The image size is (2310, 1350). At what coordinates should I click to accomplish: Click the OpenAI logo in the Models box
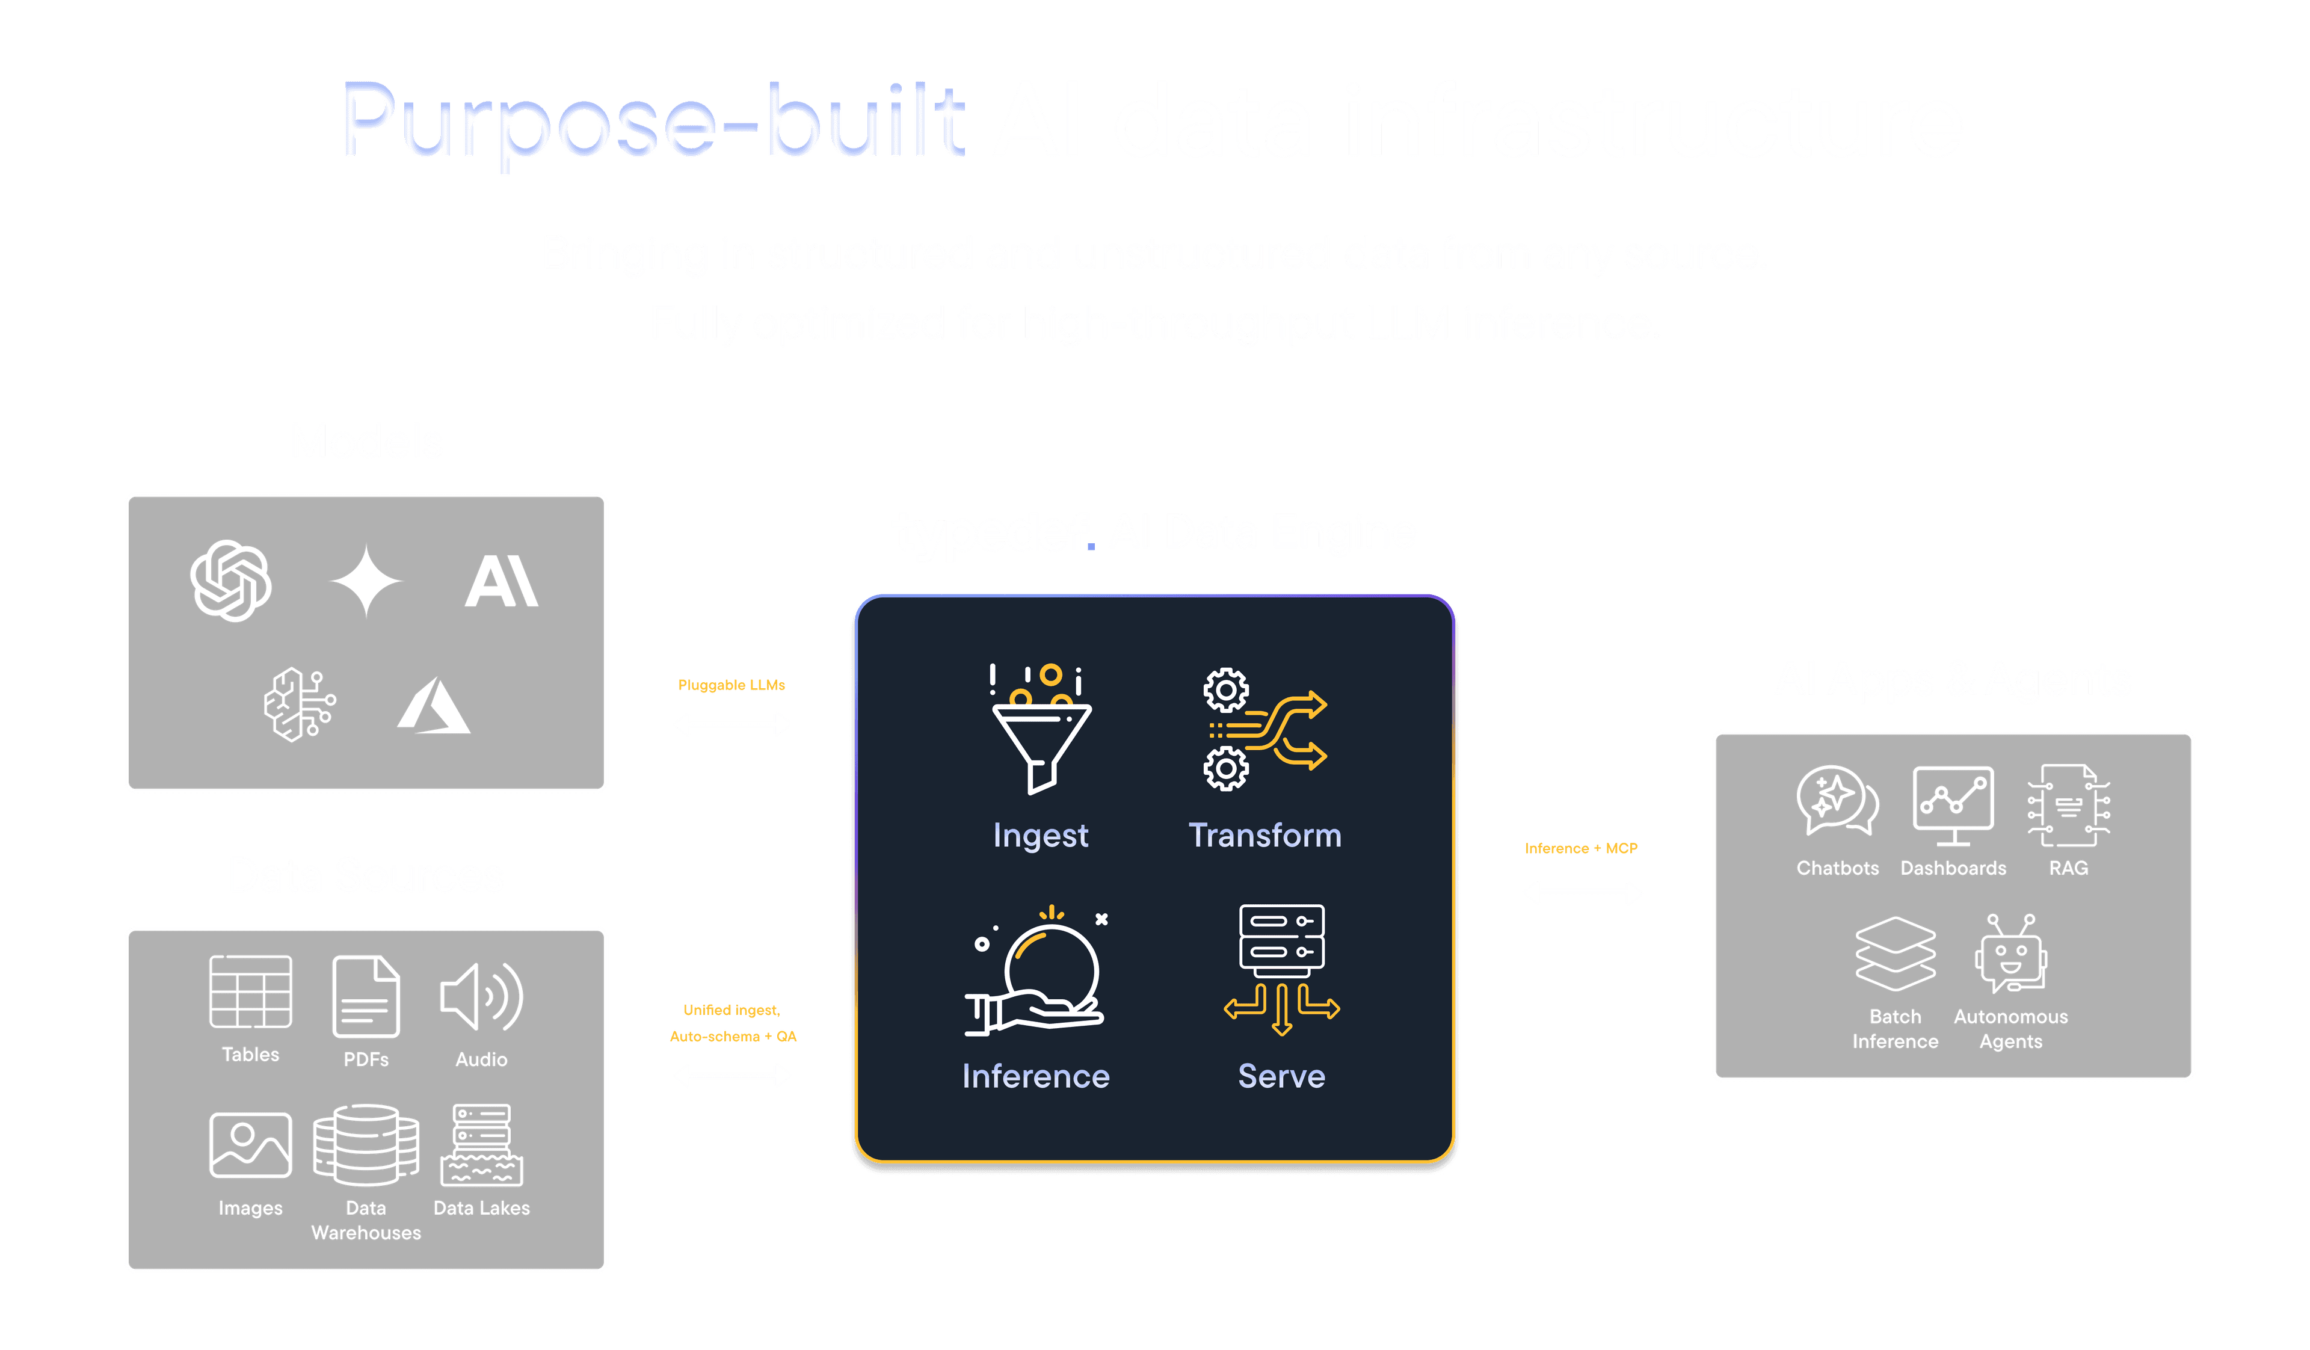point(231,581)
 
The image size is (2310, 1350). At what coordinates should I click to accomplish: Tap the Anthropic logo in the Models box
point(502,581)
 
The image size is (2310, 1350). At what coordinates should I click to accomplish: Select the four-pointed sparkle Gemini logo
point(366,581)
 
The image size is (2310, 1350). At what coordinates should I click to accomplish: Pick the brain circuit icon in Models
point(300,704)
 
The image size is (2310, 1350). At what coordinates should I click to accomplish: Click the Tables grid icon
point(250,991)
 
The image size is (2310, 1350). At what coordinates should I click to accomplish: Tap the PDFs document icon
point(366,996)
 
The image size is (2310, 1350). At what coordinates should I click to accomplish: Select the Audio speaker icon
point(481,996)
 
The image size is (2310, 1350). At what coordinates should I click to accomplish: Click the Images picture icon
point(250,1145)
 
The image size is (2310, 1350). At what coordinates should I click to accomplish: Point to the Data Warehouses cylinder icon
point(366,1145)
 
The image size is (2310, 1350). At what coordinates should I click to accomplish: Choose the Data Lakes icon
point(481,1145)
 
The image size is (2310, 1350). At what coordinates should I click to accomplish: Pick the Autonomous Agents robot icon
point(2010,954)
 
